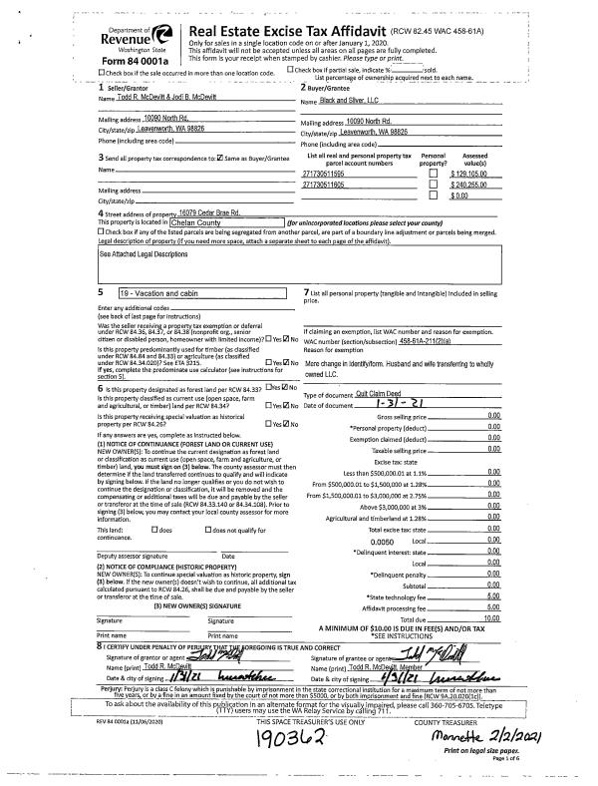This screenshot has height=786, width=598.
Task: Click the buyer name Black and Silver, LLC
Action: pos(349,100)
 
